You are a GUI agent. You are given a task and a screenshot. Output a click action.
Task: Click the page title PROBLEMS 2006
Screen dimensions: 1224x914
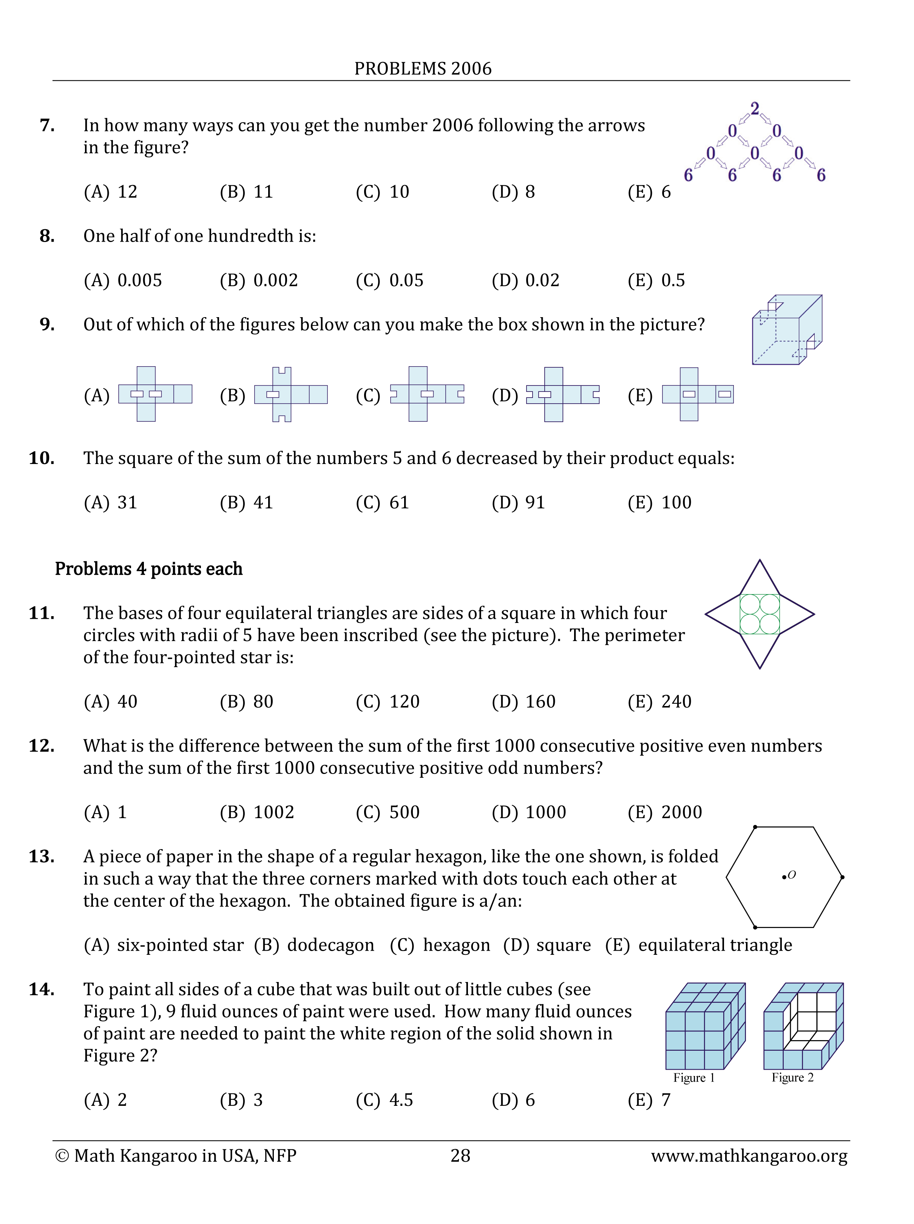click(423, 69)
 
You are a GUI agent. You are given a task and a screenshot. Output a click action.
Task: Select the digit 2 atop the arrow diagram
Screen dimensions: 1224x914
click(754, 108)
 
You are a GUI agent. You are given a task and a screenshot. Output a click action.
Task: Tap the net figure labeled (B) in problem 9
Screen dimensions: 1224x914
click(290, 395)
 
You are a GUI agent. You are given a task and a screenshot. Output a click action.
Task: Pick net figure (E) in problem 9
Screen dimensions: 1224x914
click(698, 395)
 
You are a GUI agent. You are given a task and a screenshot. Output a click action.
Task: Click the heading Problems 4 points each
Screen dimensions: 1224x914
click(148, 569)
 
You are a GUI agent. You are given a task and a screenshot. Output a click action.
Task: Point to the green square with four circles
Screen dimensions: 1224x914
click(760, 614)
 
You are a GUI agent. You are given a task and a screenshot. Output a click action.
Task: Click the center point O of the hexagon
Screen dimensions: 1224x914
click(784, 877)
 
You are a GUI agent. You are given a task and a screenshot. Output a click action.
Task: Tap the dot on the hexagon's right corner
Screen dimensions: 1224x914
click(842, 877)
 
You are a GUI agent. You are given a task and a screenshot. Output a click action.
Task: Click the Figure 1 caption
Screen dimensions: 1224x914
click(694, 1078)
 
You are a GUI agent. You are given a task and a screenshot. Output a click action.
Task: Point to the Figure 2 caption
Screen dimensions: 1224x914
click(792, 1078)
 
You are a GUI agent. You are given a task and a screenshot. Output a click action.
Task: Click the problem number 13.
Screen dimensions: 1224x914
click(42, 856)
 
